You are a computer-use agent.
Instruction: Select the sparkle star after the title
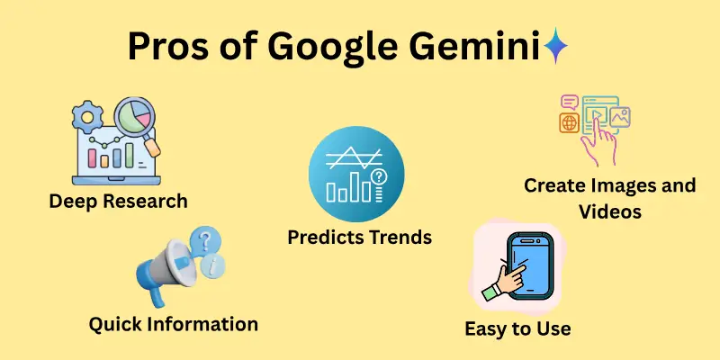[x=556, y=46]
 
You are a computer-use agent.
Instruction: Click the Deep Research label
[x=119, y=200]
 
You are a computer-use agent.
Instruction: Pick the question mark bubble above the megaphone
[x=209, y=240]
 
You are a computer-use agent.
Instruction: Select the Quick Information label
[x=173, y=323]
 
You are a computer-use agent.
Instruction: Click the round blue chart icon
[x=356, y=175]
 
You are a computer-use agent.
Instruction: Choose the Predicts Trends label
[x=359, y=238]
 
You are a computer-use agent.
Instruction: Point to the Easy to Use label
[x=517, y=328]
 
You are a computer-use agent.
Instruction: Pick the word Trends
[x=400, y=238]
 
